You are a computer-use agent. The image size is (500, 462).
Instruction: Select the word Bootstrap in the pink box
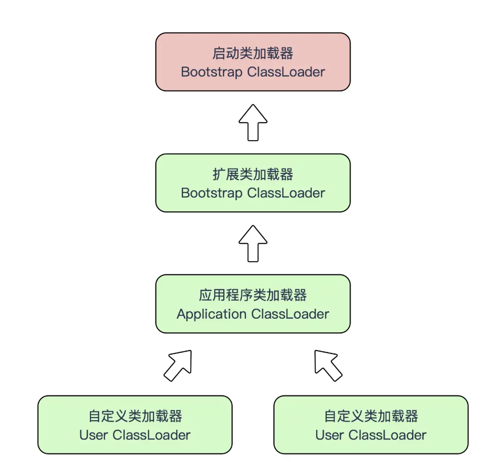coord(212,72)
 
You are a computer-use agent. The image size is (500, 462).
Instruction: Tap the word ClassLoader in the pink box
coord(286,72)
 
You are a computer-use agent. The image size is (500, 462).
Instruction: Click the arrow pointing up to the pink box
coord(253,123)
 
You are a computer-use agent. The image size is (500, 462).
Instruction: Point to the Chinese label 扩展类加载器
coord(253,175)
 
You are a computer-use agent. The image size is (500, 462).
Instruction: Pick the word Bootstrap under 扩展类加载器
coord(212,193)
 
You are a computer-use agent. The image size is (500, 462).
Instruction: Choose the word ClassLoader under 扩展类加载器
coord(286,193)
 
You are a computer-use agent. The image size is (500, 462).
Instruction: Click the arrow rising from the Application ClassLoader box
coord(253,243)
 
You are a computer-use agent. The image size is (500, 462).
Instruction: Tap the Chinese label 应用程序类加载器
coord(253,295)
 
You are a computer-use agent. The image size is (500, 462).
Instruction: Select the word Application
coord(212,314)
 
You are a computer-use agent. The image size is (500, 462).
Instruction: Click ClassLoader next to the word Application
coord(290,314)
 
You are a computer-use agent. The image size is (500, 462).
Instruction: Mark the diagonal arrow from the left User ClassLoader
coord(178,365)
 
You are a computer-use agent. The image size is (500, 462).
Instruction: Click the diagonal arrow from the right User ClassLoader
coord(328,365)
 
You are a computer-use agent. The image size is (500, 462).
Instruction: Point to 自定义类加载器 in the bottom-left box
coord(135,416)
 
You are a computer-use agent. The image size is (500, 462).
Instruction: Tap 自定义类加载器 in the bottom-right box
coord(371,416)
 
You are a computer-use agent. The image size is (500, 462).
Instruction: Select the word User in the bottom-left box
coord(93,435)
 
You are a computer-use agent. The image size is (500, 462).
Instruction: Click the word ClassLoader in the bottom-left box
coord(151,435)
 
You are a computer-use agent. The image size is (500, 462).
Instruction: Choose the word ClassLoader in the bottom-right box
coord(387,435)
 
